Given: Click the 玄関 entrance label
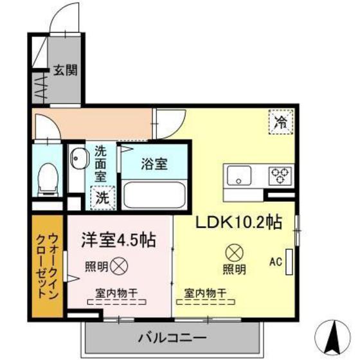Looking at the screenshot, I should pyautogui.click(x=65, y=69).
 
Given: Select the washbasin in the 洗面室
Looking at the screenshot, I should pyautogui.click(x=79, y=158).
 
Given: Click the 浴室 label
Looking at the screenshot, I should pyautogui.click(x=155, y=163).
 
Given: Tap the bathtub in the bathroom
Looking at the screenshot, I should pyautogui.click(x=155, y=193).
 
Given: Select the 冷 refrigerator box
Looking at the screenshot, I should pyautogui.click(x=281, y=120).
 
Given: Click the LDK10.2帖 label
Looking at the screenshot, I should pyautogui.click(x=239, y=223).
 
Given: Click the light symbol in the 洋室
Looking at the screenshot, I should pyautogui.click(x=118, y=264).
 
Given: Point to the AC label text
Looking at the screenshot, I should pyautogui.click(x=276, y=261).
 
